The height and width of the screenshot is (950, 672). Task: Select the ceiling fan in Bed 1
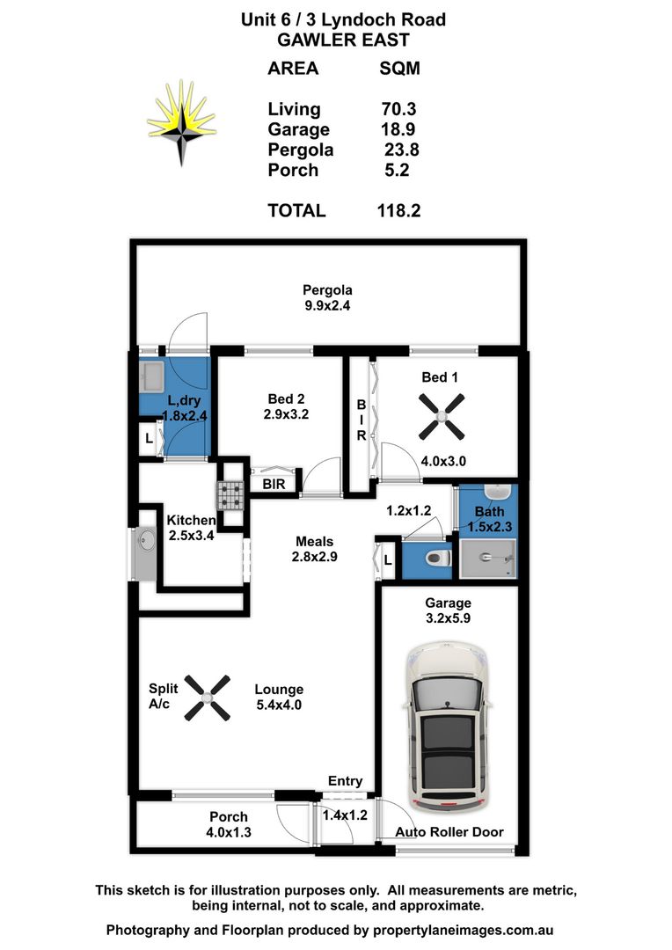(441, 417)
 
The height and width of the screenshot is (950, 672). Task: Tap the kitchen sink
(144, 553)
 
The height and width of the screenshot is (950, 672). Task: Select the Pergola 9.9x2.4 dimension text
(327, 307)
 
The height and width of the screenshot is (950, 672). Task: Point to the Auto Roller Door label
(449, 832)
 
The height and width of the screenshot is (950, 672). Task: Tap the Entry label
(345, 781)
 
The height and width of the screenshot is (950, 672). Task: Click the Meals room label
(314, 542)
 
